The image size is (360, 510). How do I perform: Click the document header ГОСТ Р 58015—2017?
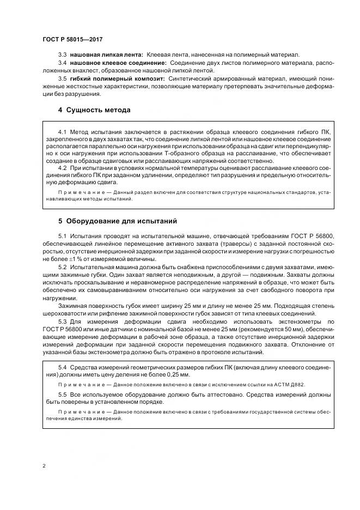pos(72,40)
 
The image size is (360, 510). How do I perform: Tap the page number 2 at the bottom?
pos(44,466)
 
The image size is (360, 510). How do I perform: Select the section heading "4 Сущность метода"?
pos(94,110)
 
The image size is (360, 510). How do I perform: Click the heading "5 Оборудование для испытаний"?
pos(117,221)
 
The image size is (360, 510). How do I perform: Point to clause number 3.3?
pos(62,56)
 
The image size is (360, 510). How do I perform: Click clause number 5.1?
pos(62,234)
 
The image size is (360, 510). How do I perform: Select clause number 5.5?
pos(62,393)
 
